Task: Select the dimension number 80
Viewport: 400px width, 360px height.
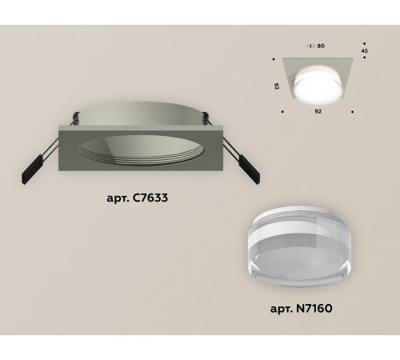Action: click(x=321, y=46)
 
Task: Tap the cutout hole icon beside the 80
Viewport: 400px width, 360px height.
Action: click(x=310, y=46)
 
